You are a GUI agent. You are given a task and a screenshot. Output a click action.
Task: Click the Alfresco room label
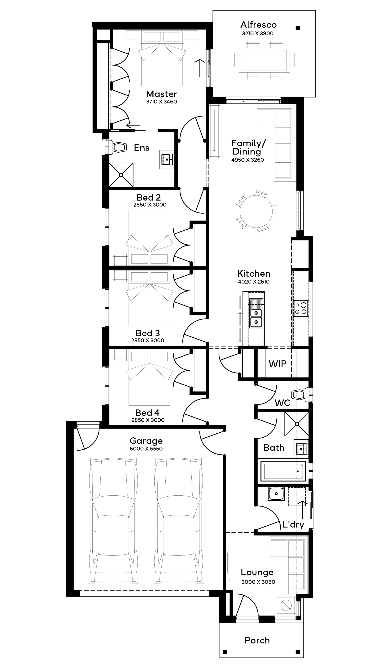click(x=258, y=25)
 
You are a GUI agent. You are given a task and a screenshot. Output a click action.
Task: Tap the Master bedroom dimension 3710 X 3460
click(x=162, y=102)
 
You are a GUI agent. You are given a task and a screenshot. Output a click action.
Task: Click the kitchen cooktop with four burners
click(x=301, y=308)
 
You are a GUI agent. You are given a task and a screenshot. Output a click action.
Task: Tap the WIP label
click(x=277, y=364)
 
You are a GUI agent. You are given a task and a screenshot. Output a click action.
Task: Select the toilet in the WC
click(x=301, y=395)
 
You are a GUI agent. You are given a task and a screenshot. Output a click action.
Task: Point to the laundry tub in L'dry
click(x=276, y=494)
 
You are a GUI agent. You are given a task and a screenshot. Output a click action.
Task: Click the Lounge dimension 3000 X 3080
click(x=258, y=582)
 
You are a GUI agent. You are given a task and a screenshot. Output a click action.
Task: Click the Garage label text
click(x=146, y=441)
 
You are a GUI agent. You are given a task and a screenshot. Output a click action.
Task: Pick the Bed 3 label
click(x=148, y=333)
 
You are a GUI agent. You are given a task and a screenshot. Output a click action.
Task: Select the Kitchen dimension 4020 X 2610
click(x=254, y=282)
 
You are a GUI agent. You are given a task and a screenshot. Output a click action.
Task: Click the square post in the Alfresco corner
click(x=298, y=28)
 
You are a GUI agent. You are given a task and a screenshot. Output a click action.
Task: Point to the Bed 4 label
click(x=147, y=413)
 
